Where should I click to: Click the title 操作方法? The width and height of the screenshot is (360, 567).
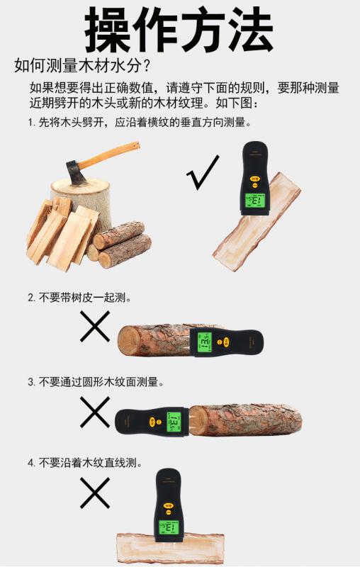coord(179,30)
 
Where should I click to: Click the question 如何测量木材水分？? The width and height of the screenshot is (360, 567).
coord(83,66)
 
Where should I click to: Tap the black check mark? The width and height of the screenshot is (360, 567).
coord(203,172)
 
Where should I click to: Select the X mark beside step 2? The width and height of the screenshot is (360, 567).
coord(95,327)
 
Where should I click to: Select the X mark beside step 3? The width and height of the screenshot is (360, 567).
coord(95,412)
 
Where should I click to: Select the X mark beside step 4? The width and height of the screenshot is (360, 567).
coord(95,493)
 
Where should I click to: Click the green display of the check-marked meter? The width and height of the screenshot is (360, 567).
coord(255,200)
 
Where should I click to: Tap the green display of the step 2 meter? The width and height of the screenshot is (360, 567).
coord(204,342)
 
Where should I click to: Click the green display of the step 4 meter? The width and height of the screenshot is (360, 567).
coord(169,527)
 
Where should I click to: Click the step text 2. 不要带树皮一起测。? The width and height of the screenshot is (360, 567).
coord(79,298)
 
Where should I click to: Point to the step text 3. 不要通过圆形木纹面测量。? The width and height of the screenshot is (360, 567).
coord(96,382)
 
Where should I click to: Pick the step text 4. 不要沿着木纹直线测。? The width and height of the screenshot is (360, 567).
coord(85,463)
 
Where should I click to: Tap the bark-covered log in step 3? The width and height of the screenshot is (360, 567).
coord(245,420)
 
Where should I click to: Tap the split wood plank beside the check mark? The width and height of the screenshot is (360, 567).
coord(257,224)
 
